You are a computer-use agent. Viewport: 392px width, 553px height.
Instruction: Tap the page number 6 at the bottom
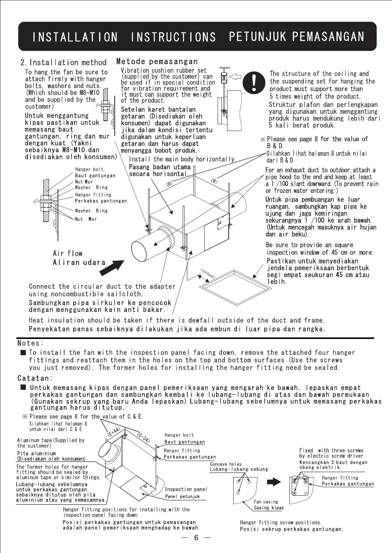(196, 537)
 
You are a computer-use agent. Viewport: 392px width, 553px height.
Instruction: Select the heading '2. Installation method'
(63, 63)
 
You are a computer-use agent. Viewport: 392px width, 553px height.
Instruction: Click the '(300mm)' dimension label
(208, 274)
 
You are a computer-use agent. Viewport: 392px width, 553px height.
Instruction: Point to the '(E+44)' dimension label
(114, 432)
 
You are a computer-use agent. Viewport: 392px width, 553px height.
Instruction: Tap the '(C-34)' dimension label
(143, 437)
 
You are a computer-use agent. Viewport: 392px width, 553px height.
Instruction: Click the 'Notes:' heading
(31, 343)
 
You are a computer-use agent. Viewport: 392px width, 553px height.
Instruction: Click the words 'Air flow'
(68, 254)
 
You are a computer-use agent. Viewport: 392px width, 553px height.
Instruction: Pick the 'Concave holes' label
(226, 464)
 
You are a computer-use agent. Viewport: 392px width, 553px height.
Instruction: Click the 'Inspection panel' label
(186, 489)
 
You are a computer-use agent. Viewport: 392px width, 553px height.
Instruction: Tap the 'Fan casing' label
(266, 502)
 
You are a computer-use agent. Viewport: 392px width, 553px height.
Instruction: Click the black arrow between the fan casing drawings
(274, 482)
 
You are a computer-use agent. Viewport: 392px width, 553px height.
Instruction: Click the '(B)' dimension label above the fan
(214, 181)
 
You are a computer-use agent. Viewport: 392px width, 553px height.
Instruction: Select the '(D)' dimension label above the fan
(169, 184)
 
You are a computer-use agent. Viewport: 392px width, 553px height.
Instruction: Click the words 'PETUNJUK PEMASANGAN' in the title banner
(297, 36)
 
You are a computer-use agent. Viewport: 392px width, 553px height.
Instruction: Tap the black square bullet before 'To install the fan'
(23, 353)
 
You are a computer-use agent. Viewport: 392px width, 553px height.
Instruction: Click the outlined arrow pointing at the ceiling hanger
(236, 76)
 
